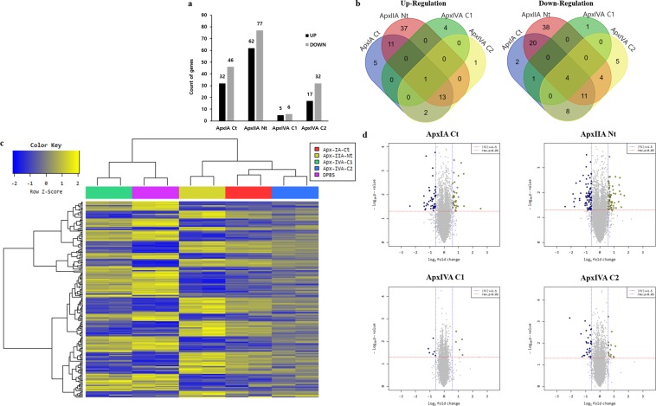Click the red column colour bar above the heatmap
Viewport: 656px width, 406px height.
[248, 191]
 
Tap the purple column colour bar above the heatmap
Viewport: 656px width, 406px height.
[155, 191]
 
